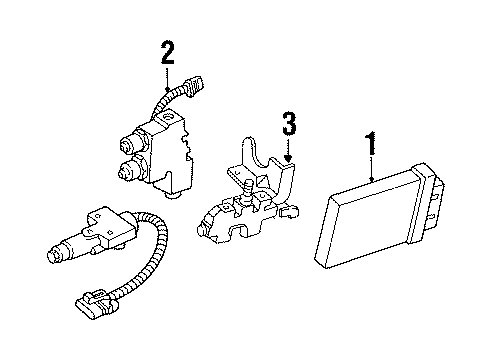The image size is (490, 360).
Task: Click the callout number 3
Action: [x=288, y=125]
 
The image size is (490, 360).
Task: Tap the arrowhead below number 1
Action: [x=370, y=180]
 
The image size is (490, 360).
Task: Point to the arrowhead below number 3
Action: [x=288, y=159]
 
